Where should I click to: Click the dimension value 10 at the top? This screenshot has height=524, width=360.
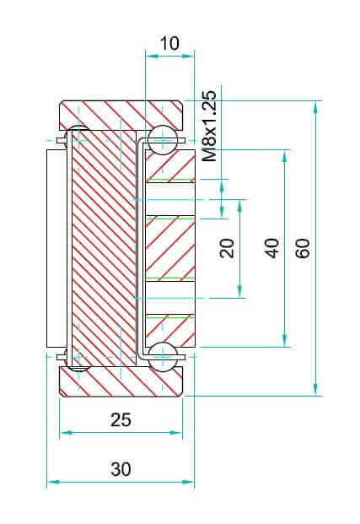[x=169, y=43]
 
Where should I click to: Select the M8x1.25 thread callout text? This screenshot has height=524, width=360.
[x=210, y=126]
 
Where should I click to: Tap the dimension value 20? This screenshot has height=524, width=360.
[x=227, y=247]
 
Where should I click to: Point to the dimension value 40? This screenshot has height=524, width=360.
[x=271, y=248]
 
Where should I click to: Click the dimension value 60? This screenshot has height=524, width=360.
[x=303, y=248]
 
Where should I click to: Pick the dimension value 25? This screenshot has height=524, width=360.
[x=121, y=419]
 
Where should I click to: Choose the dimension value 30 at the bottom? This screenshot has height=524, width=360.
[x=121, y=469]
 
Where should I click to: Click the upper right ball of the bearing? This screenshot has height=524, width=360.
[x=163, y=140]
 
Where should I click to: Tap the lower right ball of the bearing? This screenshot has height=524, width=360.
[x=163, y=357]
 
